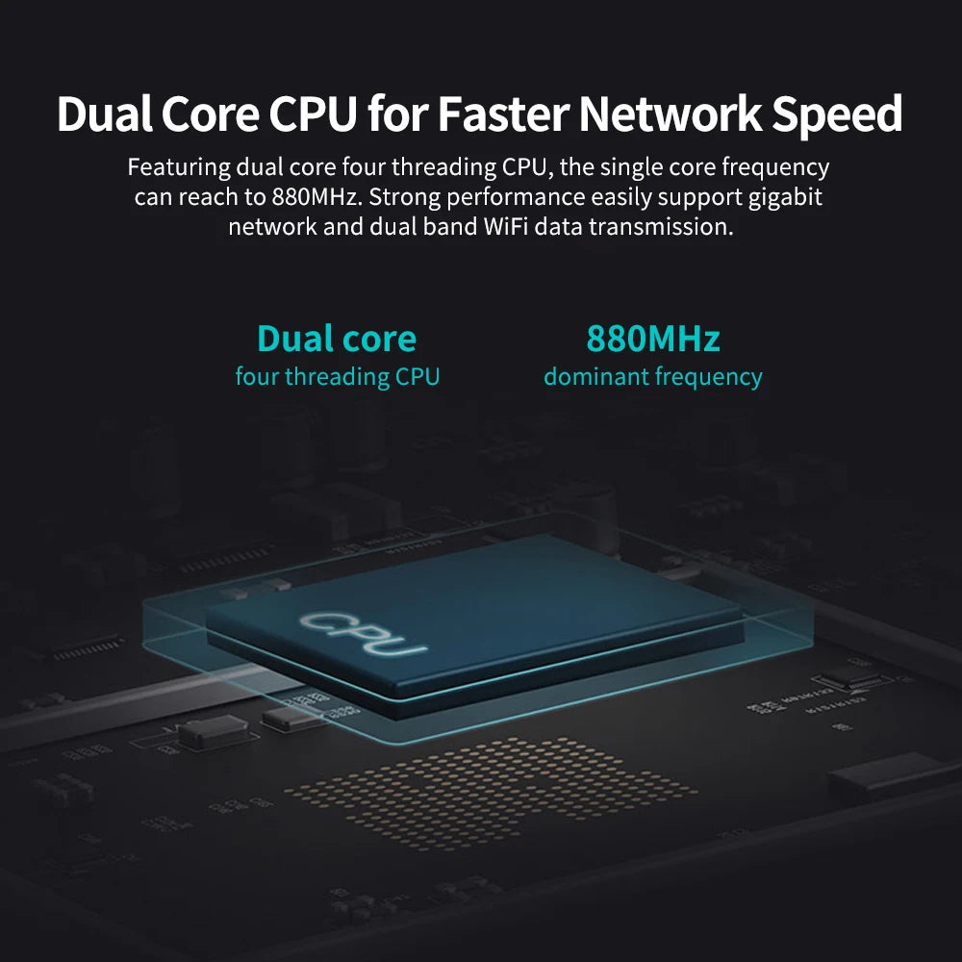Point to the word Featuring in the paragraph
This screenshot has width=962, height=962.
click(x=180, y=166)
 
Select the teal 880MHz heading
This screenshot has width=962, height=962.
click(x=653, y=339)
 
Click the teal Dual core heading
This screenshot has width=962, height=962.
click(x=337, y=339)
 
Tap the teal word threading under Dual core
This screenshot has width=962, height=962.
click(x=337, y=376)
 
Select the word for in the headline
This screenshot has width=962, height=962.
click(x=398, y=115)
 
